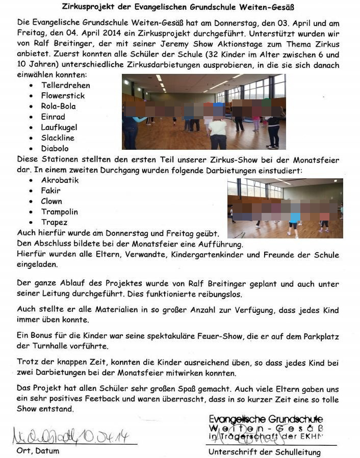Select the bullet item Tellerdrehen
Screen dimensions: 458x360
[x=65, y=85]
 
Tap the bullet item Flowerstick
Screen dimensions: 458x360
[x=63, y=96]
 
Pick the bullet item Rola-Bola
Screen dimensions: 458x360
[x=58, y=106]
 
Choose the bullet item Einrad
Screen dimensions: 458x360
[x=53, y=117]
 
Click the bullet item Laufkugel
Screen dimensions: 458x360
[x=60, y=127]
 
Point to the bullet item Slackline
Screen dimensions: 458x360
[x=58, y=138]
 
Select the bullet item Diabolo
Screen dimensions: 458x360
[x=55, y=148]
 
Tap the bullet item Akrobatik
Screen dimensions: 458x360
[x=60, y=180]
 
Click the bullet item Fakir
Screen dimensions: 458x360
[x=50, y=191]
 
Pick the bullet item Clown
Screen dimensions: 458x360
[x=52, y=201]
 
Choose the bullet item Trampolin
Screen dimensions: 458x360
[x=60, y=212]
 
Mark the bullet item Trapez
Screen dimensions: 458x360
[x=54, y=222]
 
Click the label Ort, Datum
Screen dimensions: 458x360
[x=38, y=451]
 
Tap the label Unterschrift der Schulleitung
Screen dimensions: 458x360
[x=264, y=452]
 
